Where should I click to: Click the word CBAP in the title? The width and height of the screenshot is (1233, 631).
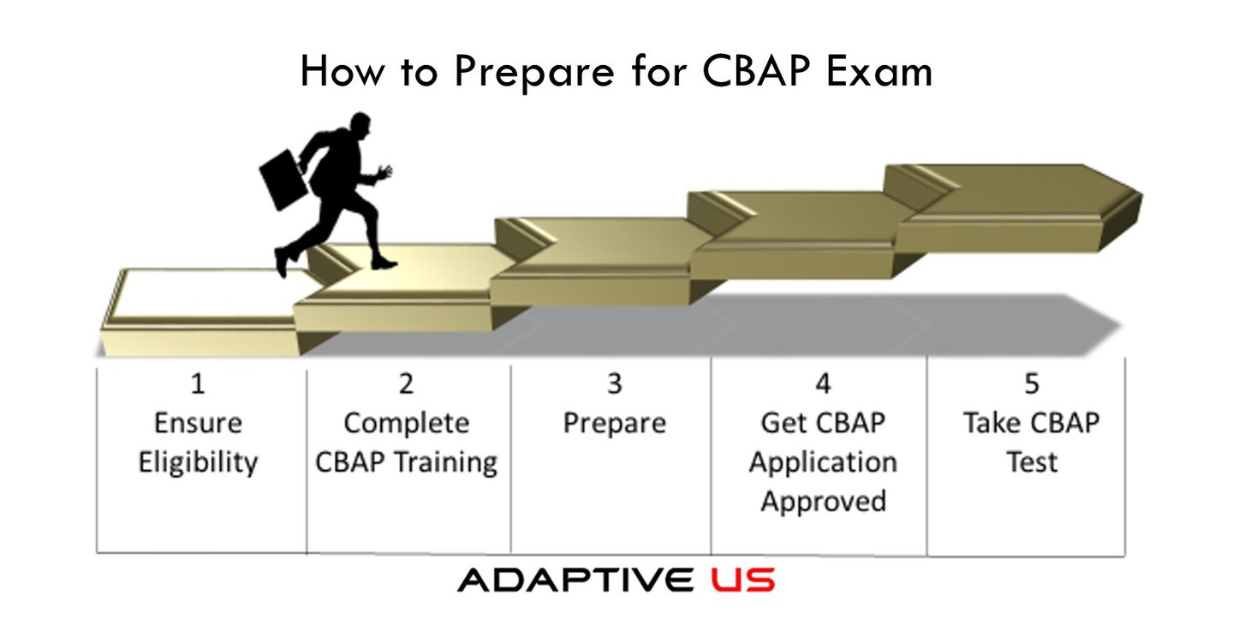756,71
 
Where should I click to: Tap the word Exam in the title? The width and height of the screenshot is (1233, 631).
879,71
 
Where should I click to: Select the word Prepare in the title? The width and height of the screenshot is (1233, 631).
534,74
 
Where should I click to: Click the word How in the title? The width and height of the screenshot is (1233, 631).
342,71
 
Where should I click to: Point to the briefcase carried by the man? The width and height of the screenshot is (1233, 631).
283,180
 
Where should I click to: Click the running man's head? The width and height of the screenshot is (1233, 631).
360,124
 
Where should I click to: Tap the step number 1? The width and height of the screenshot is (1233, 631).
198,384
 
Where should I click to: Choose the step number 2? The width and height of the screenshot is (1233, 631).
406,384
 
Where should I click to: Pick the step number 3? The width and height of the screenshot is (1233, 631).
615,384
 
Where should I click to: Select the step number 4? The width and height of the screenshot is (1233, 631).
823,384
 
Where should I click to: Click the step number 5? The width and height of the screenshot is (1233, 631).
1032,384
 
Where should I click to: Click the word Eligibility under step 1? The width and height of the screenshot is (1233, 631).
198,463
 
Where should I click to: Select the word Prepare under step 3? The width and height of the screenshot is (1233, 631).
615,425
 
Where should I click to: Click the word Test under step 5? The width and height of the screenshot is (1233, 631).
1032,462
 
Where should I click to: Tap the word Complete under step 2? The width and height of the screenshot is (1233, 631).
407,425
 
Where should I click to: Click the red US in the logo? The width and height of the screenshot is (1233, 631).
742,580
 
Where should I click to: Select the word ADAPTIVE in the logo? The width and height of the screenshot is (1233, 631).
575,580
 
